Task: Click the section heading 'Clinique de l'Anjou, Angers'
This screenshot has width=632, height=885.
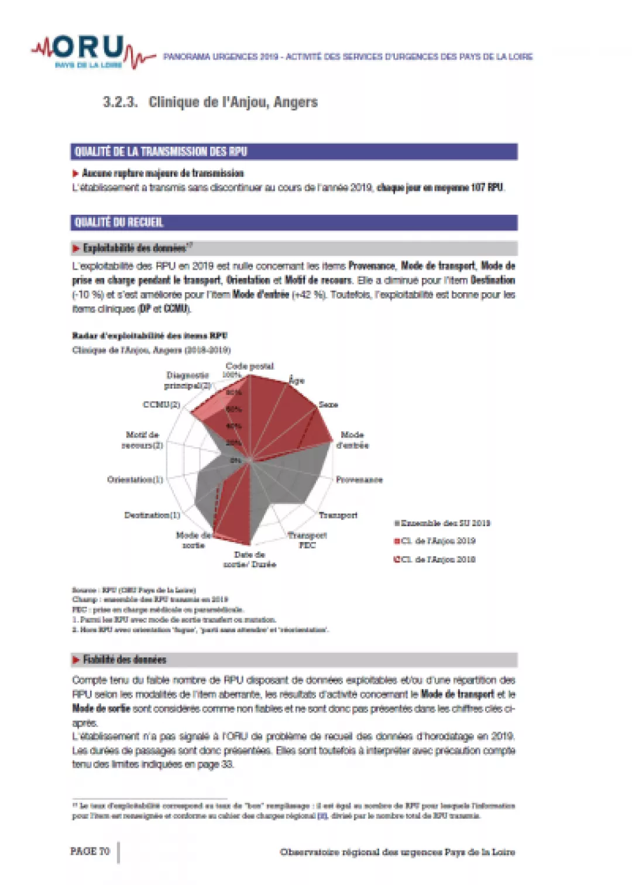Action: click(x=232, y=102)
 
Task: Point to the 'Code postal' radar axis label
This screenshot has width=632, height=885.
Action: click(x=249, y=366)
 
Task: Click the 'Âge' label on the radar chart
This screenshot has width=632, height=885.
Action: click(x=297, y=380)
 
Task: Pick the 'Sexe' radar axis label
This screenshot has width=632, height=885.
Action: click(x=328, y=404)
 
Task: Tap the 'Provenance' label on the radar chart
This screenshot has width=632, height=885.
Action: click(x=359, y=479)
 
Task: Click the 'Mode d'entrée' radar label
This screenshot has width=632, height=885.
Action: click(x=352, y=440)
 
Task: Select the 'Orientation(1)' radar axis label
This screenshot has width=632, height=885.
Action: click(x=135, y=479)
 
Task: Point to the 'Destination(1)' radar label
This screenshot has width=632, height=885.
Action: click(x=152, y=515)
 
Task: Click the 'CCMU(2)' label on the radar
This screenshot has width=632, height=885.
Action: click(x=162, y=404)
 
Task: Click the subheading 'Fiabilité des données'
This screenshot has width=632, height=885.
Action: click(x=125, y=660)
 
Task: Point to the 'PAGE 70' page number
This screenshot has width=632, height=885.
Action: click(x=90, y=851)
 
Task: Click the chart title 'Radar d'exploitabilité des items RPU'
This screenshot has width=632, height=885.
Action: click(x=149, y=335)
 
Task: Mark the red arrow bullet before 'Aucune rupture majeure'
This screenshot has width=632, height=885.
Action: click(x=75, y=173)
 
